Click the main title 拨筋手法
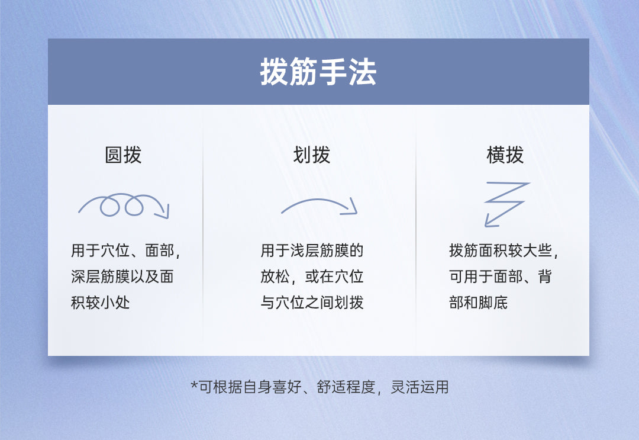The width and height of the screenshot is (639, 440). pyautogui.click(x=318, y=73)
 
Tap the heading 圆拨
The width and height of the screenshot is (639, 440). pyautogui.click(x=123, y=155)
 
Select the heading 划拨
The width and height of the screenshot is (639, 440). pyautogui.click(x=312, y=155)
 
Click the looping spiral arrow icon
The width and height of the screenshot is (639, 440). pyautogui.click(x=123, y=205)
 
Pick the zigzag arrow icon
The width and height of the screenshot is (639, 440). pyautogui.click(x=506, y=203)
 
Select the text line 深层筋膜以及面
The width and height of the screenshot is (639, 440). pyautogui.click(x=122, y=277)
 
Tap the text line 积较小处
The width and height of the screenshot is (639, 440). pyautogui.click(x=101, y=303)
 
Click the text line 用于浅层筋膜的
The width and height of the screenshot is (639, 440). pyautogui.click(x=312, y=250)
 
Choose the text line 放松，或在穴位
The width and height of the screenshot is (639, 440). pyautogui.click(x=312, y=277)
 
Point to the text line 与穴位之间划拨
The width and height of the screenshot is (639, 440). pyautogui.click(x=312, y=303)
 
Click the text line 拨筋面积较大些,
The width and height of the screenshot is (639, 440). pyautogui.click(x=504, y=250)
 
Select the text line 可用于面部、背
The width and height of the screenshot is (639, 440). pyautogui.click(x=501, y=277)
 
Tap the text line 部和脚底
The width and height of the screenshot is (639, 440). pyautogui.click(x=478, y=303)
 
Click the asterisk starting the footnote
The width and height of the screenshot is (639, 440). pyautogui.click(x=193, y=386)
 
